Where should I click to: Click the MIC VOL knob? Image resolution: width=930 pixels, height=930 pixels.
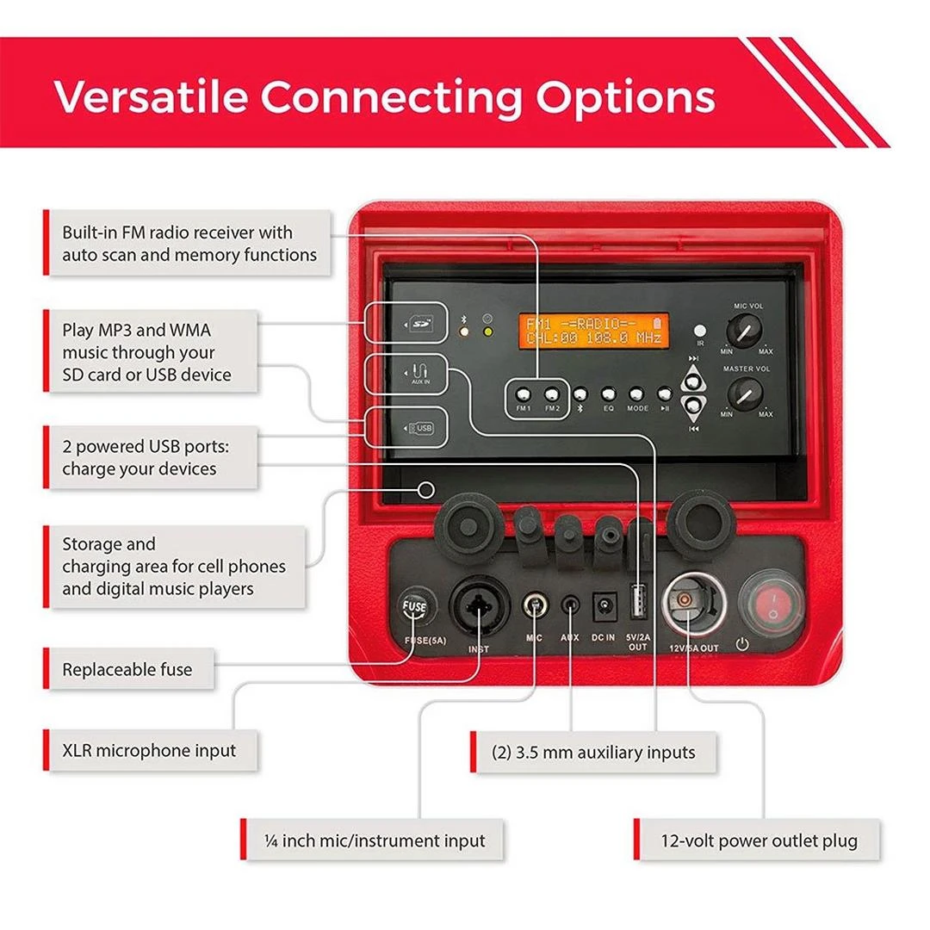(743, 330)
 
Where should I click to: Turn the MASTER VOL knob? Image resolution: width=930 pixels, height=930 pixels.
(743, 394)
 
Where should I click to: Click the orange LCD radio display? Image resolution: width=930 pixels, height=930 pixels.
(593, 331)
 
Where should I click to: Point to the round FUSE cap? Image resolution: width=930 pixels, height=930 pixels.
(414, 608)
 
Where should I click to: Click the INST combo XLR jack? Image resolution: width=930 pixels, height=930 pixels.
(480, 606)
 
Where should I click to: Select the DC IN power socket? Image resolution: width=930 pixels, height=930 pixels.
(604, 605)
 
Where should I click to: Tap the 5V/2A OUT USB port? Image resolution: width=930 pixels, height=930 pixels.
(638, 603)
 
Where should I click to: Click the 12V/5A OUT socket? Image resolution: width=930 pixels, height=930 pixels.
(691, 603)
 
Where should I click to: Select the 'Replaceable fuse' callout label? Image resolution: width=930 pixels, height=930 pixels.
(127, 669)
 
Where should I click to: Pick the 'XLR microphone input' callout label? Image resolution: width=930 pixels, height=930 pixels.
(149, 750)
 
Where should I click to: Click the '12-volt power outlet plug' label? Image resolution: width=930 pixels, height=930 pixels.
(759, 840)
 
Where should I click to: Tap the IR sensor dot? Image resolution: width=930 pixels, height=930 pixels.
(700, 330)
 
